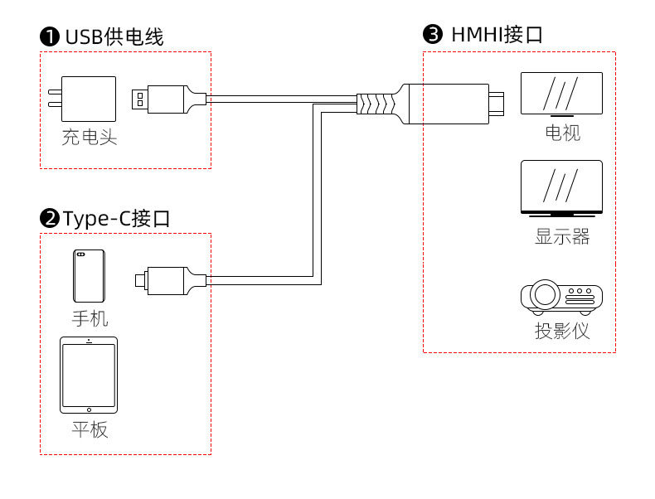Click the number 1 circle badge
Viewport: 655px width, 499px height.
pyautogui.click(x=50, y=36)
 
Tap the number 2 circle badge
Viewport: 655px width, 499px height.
pyautogui.click(x=50, y=218)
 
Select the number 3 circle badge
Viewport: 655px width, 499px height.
pyautogui.click(x=433, y=34)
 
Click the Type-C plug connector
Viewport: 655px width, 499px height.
pyautogui.click(x=171, y=281)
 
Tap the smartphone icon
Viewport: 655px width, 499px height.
pyautogui.click(x=89, y=275)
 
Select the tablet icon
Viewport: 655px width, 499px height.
pyautogui.click(x=89, y=375)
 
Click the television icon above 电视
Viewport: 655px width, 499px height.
pyautogui.click(x=561, y=94)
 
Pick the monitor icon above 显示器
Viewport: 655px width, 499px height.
pyautogui.click(x=561, y=188)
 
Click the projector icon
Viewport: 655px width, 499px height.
pyautogui.click(x=561, y=298)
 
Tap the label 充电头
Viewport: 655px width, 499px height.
pyautogui.click(x=90, y=137)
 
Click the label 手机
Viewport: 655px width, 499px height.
pyautogui.click(x=90, y=318)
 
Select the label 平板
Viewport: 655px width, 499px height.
pyautogui.click(x=90, y=429)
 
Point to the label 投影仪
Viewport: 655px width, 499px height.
pyautogui.click(x=562, y=331)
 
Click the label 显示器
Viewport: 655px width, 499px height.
pyautogui.click(x=562, y=236)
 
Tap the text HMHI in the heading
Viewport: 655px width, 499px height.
pyautogui.click(x=477, y=35)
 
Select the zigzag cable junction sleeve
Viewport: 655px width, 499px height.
pyautogui.click(x=376, y=104)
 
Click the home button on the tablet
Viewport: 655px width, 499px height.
pyautogui.click(x=89, y=410)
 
